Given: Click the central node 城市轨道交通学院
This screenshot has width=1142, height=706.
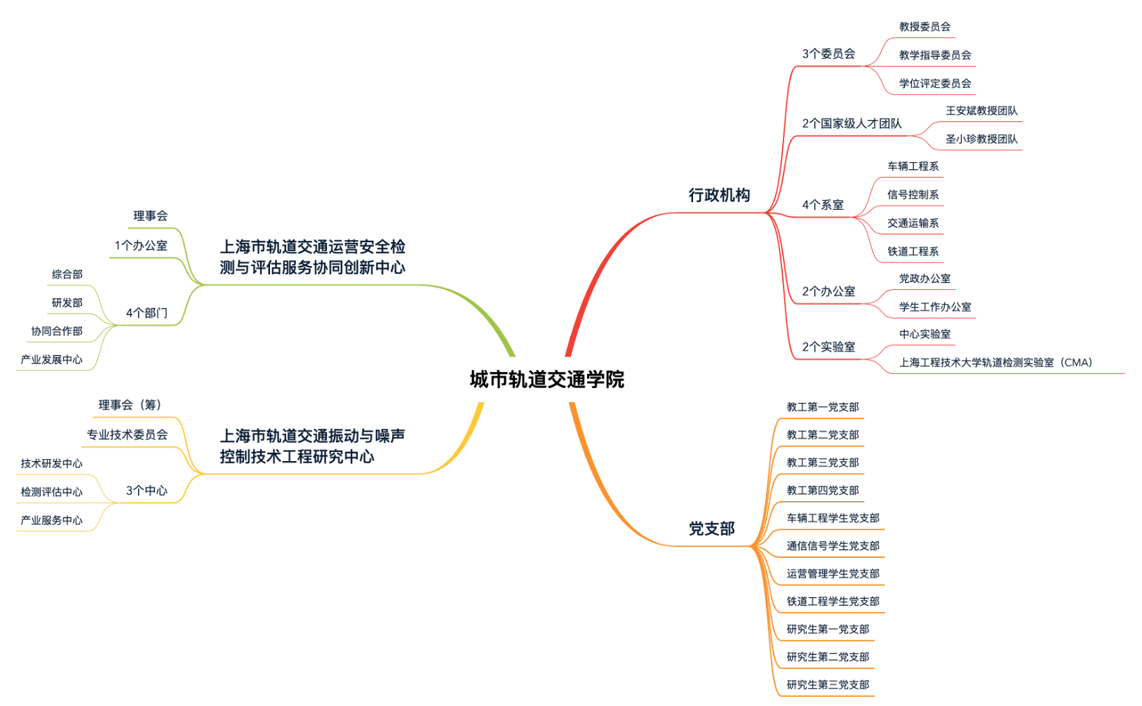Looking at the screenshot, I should (x=546, y=380).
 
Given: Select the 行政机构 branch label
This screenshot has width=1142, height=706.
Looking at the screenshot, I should (x=719, y=195).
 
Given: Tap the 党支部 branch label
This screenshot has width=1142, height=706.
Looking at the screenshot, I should (x=711, y=528).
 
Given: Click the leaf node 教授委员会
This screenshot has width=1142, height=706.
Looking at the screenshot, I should (x=925, y=27).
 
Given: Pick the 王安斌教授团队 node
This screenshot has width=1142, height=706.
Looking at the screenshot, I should (x=981, y=111).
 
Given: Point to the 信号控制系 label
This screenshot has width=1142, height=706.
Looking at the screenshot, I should (x=913, y=194).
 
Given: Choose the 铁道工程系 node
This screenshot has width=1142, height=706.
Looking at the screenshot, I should (x=913, y=251).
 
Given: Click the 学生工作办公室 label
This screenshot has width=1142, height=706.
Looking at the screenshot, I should (x=935, y=307).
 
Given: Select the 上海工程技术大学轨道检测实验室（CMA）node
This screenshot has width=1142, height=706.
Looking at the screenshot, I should (x=995, y=363).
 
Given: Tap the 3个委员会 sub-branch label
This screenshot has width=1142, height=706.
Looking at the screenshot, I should (x=828, y=54).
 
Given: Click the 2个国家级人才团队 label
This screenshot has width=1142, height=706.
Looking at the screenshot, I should (x=852, y=124).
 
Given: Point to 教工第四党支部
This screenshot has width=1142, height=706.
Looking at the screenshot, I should (x=822, y=491).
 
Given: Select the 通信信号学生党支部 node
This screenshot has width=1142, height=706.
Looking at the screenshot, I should (x=833, y=546).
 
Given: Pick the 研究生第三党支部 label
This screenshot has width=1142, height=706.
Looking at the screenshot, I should (x=828, y=685).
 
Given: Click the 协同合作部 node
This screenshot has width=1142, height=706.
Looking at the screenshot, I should (x=57, y=331).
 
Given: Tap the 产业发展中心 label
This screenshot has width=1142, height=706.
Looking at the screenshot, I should (x=52, y=359).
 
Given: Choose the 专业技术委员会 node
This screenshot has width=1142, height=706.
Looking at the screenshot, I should (x=127, y=435).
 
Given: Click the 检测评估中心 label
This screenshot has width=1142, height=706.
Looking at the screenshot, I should (x=52, y=492).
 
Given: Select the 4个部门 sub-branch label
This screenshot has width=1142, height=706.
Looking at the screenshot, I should (x=147, y=313).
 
